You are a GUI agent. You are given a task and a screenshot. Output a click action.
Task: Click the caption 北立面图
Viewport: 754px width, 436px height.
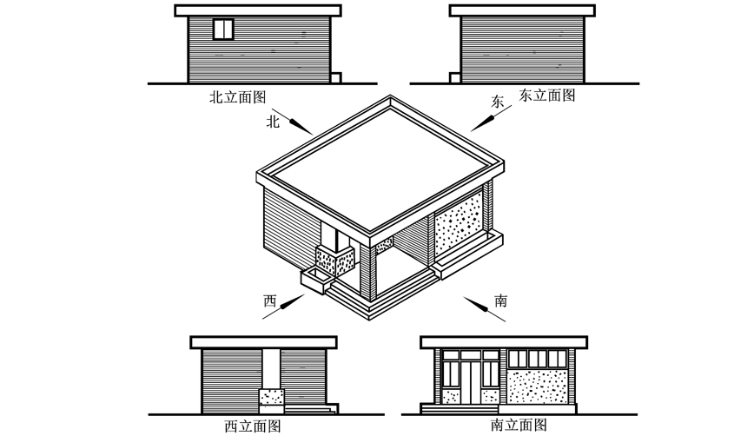pos(237,96)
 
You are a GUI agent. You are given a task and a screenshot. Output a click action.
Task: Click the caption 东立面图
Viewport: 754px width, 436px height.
pos(547,95)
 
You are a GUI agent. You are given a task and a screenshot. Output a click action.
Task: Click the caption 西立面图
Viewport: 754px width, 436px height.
pos(253,426)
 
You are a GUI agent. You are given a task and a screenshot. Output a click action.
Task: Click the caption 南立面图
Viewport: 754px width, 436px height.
pos(519,425)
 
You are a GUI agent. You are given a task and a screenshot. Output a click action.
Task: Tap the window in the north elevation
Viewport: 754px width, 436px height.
pos(223,29)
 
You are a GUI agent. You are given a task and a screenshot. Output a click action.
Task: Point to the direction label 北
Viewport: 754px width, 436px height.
pos(273,122)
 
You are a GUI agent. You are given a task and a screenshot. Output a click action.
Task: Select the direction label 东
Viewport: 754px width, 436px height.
pos(497,102)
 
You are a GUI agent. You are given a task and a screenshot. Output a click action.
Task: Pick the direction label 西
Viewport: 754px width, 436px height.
pos(270,301)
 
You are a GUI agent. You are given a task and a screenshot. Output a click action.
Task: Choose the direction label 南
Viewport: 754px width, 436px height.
pos(500,301)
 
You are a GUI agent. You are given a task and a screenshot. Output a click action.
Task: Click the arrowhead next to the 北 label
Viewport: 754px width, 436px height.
pos(301,127)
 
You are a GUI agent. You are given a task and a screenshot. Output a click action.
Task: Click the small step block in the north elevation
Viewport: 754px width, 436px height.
pos(336,78)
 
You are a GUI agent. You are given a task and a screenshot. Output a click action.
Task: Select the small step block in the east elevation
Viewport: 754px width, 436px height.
pos(455,78)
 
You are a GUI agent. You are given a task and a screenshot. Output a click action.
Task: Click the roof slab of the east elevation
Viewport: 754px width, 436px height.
pos(522,10)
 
